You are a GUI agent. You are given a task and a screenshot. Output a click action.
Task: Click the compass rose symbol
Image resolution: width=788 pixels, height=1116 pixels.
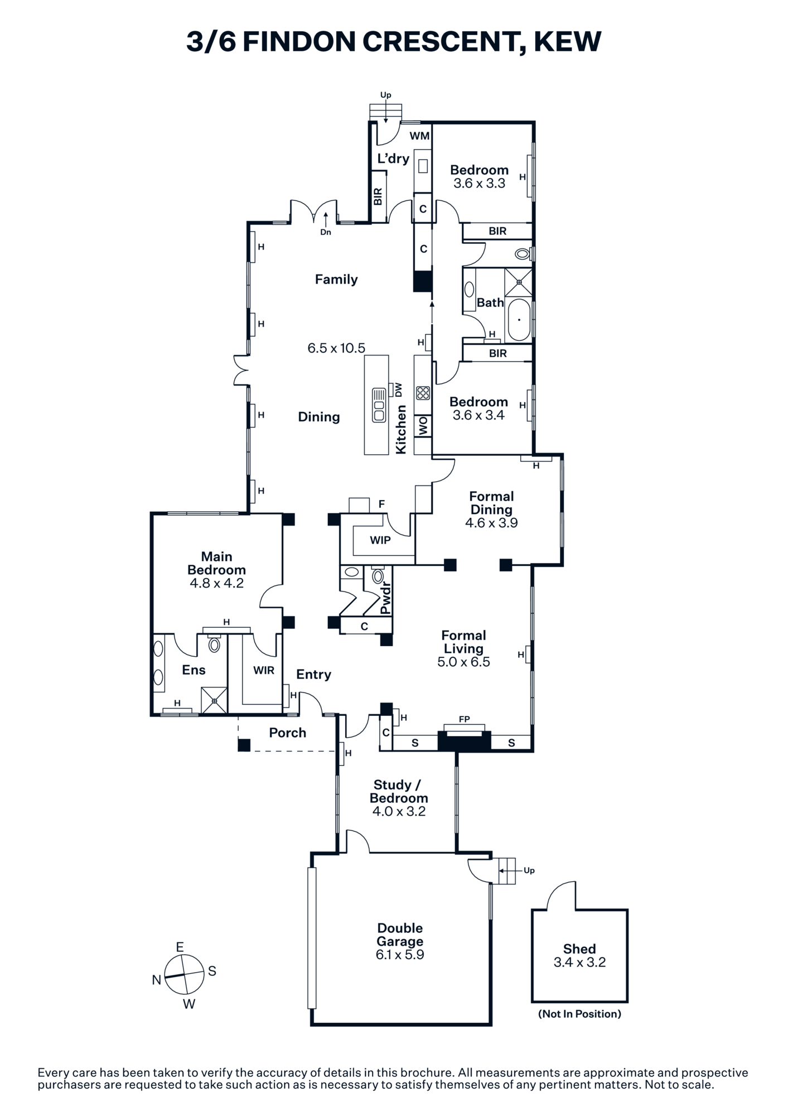click(x=184, y=974)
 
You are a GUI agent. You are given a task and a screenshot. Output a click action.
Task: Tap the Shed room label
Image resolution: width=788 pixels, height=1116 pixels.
click(x=579, y=949)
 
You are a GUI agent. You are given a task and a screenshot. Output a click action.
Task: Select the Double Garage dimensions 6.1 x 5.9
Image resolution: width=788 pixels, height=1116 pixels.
click(x=400, y=955)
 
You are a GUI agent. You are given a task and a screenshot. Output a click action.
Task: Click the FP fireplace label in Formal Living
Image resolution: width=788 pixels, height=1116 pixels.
click(x=465, y=719)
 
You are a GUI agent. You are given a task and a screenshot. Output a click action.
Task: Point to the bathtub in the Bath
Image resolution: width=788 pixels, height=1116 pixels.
click(x=519, y=320)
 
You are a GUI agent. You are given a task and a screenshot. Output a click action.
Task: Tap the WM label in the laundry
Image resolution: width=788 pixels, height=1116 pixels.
click(x=420, y=136)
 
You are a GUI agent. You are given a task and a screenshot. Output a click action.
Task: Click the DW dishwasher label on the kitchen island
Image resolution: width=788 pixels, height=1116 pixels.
click(x=399, y=389)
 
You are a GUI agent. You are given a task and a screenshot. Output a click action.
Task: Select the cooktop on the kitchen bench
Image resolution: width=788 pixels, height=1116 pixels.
click(x=423, y=393)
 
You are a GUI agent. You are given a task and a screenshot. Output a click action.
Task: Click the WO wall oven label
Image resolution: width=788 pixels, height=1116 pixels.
click(x=423, y=426)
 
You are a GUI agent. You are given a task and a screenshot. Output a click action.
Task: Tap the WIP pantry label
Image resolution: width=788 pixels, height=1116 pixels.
click(x=380, y=540)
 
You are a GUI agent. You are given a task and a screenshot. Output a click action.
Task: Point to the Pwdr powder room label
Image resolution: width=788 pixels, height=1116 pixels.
click(x=385, y=598)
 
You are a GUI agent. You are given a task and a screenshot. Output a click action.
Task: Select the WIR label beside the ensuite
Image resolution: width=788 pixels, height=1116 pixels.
click(x=264, y=670)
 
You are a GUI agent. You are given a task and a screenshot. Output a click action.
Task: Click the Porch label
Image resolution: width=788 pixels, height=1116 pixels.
click(x=288, y=733)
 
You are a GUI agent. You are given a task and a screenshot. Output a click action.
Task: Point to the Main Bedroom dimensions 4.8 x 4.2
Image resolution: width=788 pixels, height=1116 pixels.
click(x=216, y=583)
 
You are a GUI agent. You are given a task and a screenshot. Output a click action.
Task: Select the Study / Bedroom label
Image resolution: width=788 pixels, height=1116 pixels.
click(x=399, y=791)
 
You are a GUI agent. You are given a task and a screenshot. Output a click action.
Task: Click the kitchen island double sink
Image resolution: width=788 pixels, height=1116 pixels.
click(x=379, y=405)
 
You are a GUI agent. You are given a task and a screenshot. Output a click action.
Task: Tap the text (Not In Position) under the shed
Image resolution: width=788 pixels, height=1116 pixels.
click(x=579, y=1014)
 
